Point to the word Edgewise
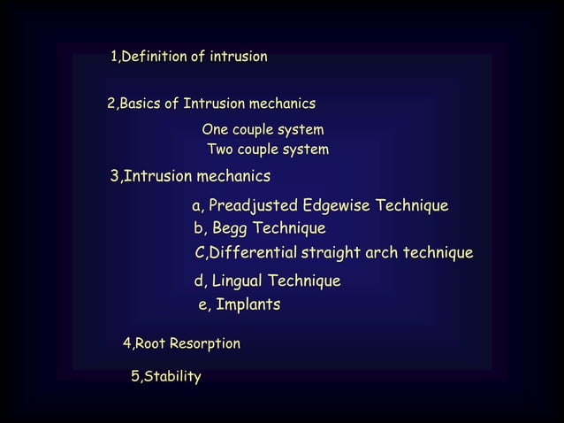[336, 207]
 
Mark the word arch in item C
[383, 254]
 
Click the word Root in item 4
[150, 343]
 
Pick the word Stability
[172, 377]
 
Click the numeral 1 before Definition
[113, 58]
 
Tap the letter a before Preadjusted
[196, 208]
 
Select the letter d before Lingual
[198, 281]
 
